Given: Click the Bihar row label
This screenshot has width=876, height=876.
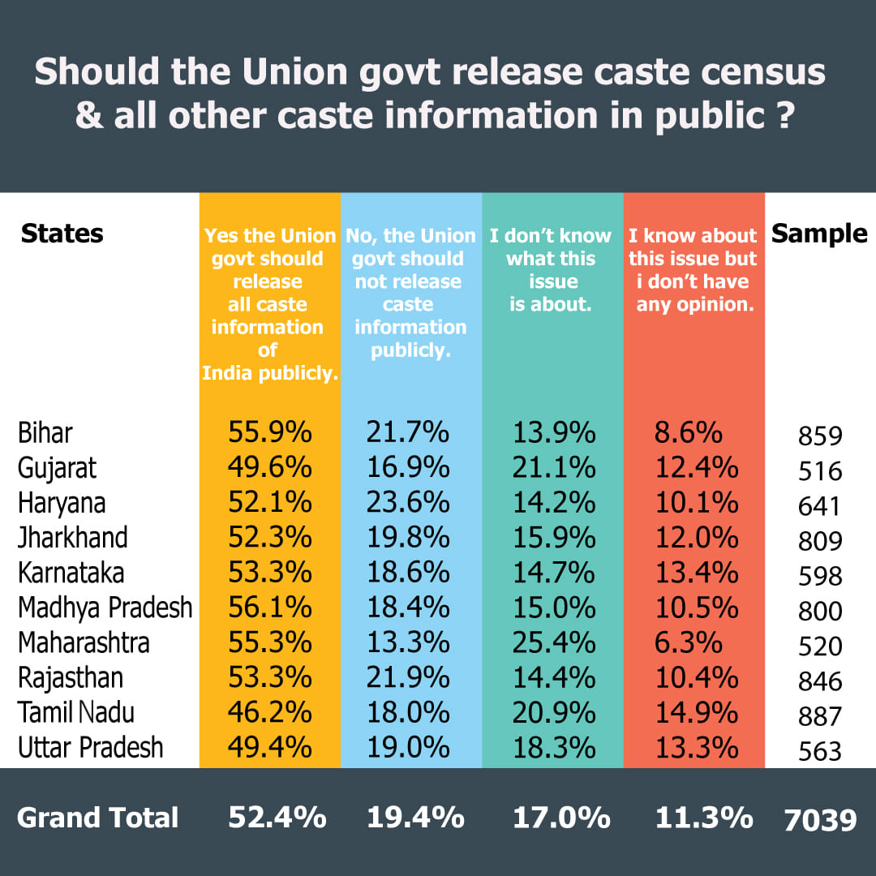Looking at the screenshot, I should [45, 433].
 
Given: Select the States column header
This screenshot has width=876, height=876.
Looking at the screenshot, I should [62, 234].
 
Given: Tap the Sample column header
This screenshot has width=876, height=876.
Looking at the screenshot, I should [819, 234].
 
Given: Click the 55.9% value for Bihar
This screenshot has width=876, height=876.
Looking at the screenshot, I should [269, 433].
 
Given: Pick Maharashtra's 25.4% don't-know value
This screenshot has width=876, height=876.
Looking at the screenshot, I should [554, 642].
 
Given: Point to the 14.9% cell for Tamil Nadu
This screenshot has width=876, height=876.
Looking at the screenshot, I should [697, 712].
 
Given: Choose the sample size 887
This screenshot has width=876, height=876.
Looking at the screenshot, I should [820, 716].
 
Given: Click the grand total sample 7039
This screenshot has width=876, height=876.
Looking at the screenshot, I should [820, 819].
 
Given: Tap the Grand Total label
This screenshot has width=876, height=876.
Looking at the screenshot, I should [97, 818].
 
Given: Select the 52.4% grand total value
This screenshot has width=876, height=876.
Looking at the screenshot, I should [277, 818].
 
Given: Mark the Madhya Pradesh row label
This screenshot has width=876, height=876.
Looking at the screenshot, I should [105, 608].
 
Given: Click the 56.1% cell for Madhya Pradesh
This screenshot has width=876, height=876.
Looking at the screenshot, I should [269, 608].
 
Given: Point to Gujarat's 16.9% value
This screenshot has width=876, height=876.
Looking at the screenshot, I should [408, 468].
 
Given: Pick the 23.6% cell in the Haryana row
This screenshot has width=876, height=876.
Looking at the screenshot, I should [408, 503].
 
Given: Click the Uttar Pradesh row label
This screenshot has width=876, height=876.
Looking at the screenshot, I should [91, 747].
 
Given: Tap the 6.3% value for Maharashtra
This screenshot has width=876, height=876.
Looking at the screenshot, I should [689, 642].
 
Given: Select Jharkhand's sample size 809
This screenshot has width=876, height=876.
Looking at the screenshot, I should [820, 541].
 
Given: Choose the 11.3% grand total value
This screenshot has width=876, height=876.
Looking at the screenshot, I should [703, 818].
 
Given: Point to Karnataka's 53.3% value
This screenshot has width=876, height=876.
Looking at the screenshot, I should [269, 573].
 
